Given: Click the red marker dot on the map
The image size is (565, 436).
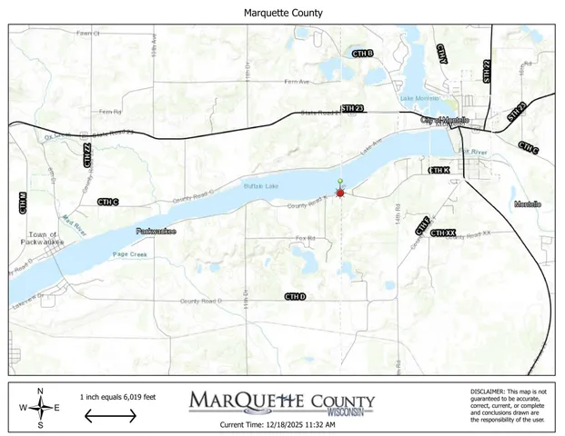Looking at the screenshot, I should coord(340,193).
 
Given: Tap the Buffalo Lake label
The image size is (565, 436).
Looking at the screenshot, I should coord(257,187).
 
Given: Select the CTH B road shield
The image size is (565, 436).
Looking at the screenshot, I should coord(363,54).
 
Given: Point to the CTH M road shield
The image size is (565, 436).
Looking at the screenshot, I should coord(23,203).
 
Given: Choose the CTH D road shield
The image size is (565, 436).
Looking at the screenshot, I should coord(295,297).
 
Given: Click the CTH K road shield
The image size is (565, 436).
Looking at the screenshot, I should coord(439,171).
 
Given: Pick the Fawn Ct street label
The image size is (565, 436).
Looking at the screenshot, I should coord(87,34).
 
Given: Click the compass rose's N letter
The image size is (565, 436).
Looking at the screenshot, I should coord(40,391).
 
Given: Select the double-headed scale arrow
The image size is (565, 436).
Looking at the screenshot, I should coord(110,416).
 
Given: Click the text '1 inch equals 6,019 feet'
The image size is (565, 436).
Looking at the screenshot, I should coord(118,397).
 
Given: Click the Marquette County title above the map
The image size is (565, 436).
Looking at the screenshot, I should coord(283,13).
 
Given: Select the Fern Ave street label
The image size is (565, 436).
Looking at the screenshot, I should coord(297,81).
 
